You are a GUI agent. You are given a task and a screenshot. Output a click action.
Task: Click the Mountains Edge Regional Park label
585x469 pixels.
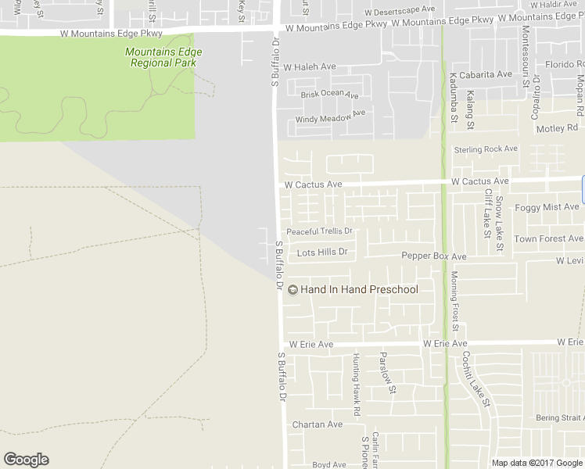tap(163, 57)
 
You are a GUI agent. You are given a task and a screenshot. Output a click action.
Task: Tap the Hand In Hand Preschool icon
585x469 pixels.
tap(292, 290)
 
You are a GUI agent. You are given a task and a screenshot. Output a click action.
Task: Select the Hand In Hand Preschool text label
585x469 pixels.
tap(359, 289)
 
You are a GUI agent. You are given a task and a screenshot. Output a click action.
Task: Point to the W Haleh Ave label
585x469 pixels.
tap(310, 67)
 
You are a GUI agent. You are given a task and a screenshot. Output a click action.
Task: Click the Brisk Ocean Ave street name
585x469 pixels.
tap(329, 94)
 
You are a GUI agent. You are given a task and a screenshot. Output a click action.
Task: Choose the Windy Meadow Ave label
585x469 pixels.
tap(330, 116)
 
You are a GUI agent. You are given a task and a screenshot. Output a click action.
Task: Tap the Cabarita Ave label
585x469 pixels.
tap(486, 74)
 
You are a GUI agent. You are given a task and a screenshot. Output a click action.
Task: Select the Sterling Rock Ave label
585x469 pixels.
tap(486, 149)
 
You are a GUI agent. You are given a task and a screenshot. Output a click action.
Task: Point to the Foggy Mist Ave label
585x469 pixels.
tap(547, 207)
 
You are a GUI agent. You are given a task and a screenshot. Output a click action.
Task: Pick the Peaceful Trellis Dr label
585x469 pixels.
tap(320, 231)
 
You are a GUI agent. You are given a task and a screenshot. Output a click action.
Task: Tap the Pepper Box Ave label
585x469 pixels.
tap(433, 256)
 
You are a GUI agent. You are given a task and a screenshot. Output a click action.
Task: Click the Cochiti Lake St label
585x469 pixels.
tap(475, 378)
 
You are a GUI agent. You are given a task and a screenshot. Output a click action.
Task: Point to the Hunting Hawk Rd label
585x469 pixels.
tap(356, 384)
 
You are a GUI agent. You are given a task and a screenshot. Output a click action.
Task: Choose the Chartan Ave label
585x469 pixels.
tap(317, 424)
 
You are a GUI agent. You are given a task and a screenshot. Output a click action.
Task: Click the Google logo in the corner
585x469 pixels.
tap(26, 460)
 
